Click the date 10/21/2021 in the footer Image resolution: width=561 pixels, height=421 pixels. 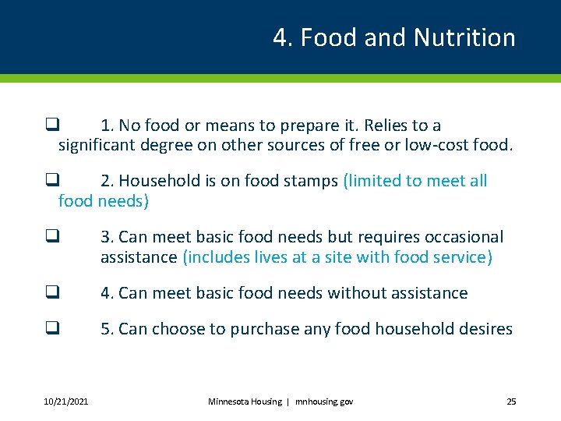(x=66, y=402)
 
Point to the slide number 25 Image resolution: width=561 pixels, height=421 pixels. (x=511, y=402)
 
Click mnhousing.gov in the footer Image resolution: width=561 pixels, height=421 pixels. (x=324, y=402)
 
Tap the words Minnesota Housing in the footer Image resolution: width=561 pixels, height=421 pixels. (x=245, y=402)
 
